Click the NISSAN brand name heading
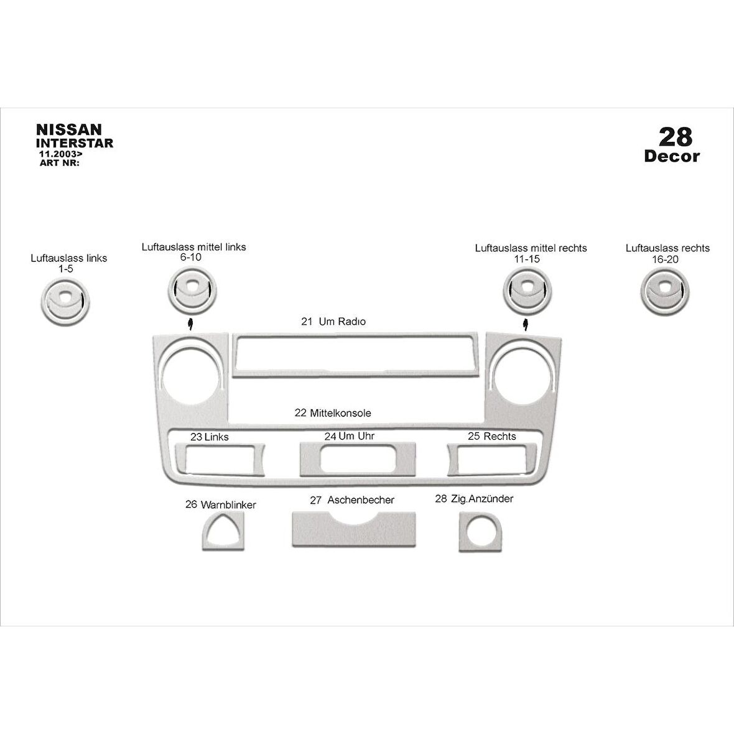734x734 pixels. (x=69, y=129)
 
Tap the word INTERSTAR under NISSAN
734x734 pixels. (x=75, y=143)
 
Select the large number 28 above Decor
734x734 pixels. (x=675, y=137)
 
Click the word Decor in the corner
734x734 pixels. (x=672, y=156)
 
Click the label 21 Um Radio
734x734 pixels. (x=333, y=322)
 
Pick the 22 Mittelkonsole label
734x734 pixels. (x=333, y=413)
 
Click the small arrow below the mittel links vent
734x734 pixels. (x=190, y=323)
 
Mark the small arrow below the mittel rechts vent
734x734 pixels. (x=526, y=325)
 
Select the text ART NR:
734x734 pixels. (x=60, y=163)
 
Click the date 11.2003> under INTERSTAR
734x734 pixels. (x=61, y=154)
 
